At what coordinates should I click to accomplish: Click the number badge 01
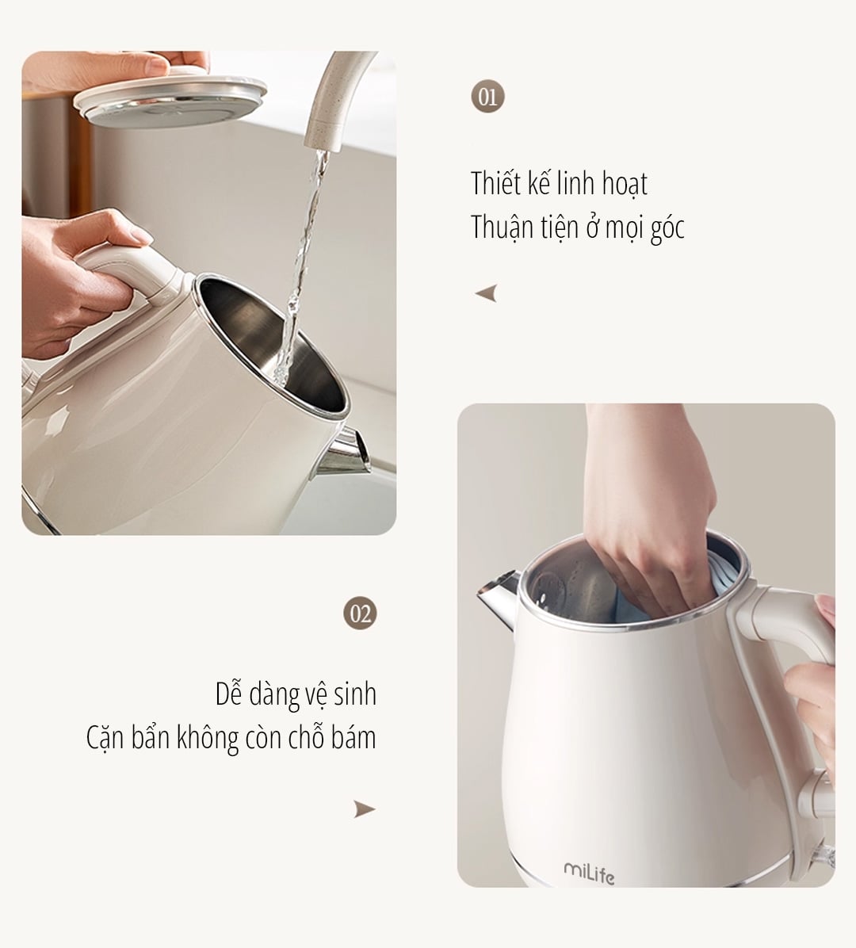pyautogui.click(x=487, y=97)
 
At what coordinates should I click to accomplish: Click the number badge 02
pyautogui.click(x=360, y=614)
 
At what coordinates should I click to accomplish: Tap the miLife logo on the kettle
pyautogui.click(x=589, y=873)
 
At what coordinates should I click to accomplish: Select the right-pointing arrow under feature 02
pyautogui.click(x=364, y=809)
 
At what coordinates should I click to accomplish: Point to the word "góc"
pyautogui.click(x=667, y=229)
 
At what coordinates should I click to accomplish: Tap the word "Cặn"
pyautogui.click(x=105, y=739)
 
